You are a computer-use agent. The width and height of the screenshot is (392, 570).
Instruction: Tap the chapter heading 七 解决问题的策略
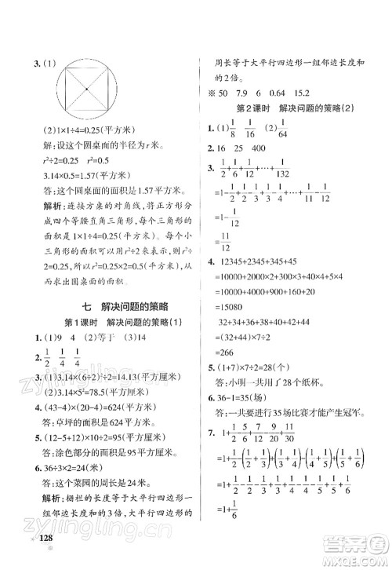tap(103, 309)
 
